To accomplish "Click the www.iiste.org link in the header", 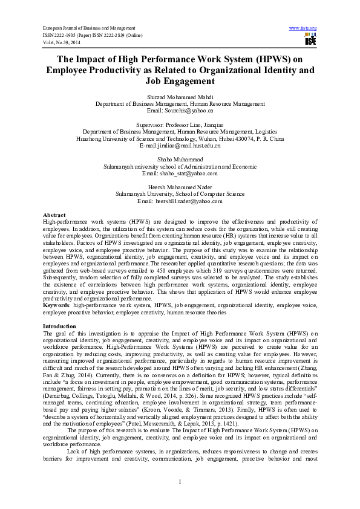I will coord(303,28).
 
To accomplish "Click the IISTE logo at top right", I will coord(310,40).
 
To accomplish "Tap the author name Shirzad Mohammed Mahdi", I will coord(180,97).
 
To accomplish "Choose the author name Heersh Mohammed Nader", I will coord(180,187).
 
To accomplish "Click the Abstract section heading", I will coord(54,215).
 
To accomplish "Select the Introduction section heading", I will coord(59,326).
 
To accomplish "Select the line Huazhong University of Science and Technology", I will coord(180,138).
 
